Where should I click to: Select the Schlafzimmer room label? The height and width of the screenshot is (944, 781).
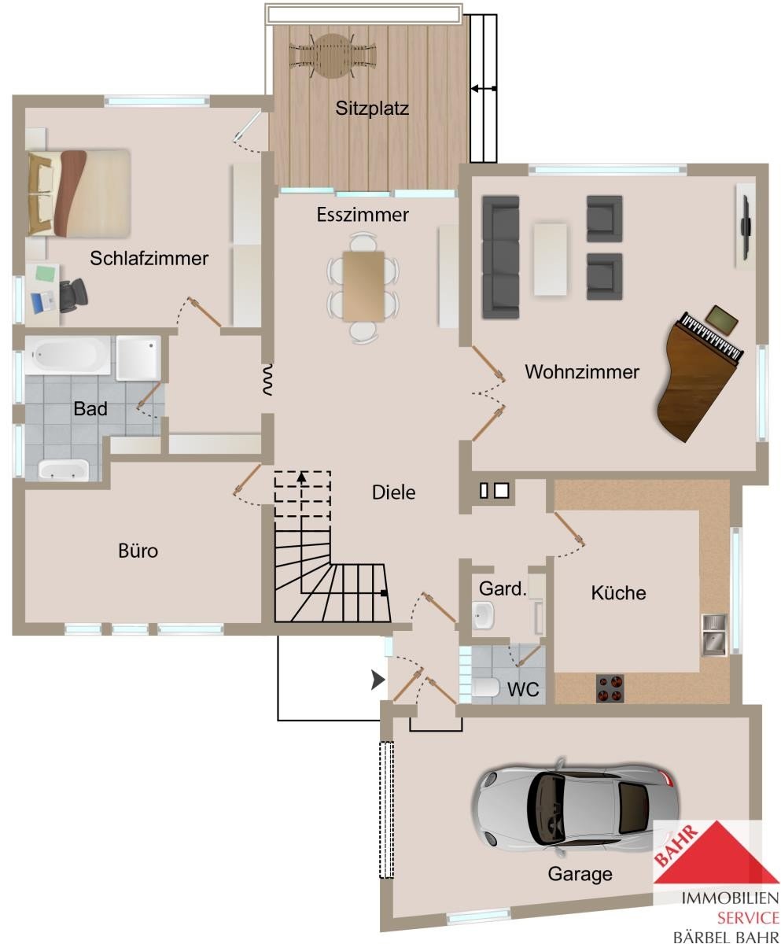[149, 259]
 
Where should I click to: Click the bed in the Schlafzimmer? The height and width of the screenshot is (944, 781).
[79, 194]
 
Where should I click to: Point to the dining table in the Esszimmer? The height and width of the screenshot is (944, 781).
[363, 286]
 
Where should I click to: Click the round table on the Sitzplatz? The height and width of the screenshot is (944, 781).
[332, 56]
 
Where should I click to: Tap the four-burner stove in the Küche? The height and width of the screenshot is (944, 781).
[610, 688]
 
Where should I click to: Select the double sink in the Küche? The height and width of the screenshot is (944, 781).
[715, 635]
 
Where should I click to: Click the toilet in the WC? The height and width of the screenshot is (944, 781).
[485, 688]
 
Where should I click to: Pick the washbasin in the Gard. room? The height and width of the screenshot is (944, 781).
[484, 615]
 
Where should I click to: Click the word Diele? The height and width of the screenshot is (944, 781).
[394, 492]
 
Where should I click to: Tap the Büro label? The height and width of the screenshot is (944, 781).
[138, 551]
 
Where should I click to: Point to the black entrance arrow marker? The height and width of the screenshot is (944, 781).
[378, 680]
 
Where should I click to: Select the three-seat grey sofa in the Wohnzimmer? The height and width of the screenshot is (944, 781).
[500, 257]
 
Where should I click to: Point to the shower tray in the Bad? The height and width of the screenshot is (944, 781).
[138, 357]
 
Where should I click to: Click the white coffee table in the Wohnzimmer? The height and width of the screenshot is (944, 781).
[550, 260]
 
